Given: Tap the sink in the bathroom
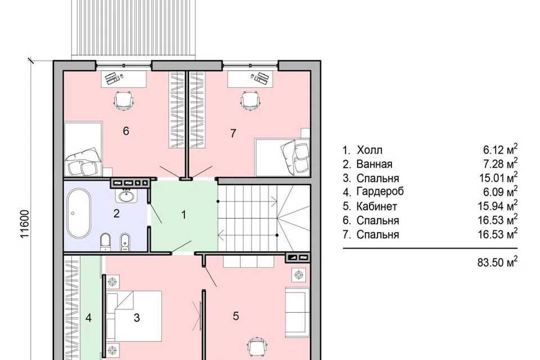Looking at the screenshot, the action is click(127, 196).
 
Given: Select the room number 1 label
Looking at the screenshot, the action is click(184, 215).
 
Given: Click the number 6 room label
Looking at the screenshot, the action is click(126, 131).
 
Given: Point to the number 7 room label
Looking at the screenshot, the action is click(233, 133).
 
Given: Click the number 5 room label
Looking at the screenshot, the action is click(236, 316).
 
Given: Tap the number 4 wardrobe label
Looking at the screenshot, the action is click(88, 318).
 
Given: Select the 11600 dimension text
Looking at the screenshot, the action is click(24, 224).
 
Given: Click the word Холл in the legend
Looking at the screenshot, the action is click(370, 150).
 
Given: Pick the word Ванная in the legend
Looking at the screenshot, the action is click(375, 164).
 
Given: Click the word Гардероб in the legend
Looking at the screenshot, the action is click(380, 192).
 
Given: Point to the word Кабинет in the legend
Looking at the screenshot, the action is click(377, 206).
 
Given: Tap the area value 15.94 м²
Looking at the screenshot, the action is click(498, 206).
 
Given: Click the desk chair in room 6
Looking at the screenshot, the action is click(123, 100).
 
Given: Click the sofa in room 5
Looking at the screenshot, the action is click(295, 313).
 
